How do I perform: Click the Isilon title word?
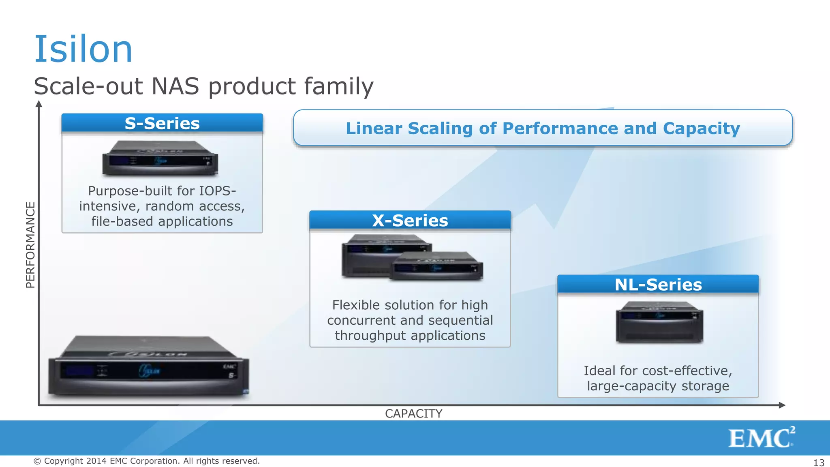point(83,49)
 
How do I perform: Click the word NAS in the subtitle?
point(175,86)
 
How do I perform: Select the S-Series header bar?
point(162,123)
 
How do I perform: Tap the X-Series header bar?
point(410,221)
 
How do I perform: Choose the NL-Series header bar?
point(658,285)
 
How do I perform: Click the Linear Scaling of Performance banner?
point(543,128)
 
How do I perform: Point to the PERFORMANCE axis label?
point(30,245)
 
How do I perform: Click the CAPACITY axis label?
point(413,413)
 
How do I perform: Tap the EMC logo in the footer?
point(761,438)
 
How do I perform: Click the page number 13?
point(819,463)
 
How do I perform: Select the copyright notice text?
point(146,461)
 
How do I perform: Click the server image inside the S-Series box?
point(160,158)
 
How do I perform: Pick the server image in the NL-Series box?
point(659,322)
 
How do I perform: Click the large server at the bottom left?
point(148,366)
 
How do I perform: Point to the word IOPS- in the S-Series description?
point(217,191)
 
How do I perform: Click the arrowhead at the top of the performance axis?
point(39,104)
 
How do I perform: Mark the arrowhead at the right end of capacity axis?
point(782,405)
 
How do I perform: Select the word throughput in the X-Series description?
point(370,336)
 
